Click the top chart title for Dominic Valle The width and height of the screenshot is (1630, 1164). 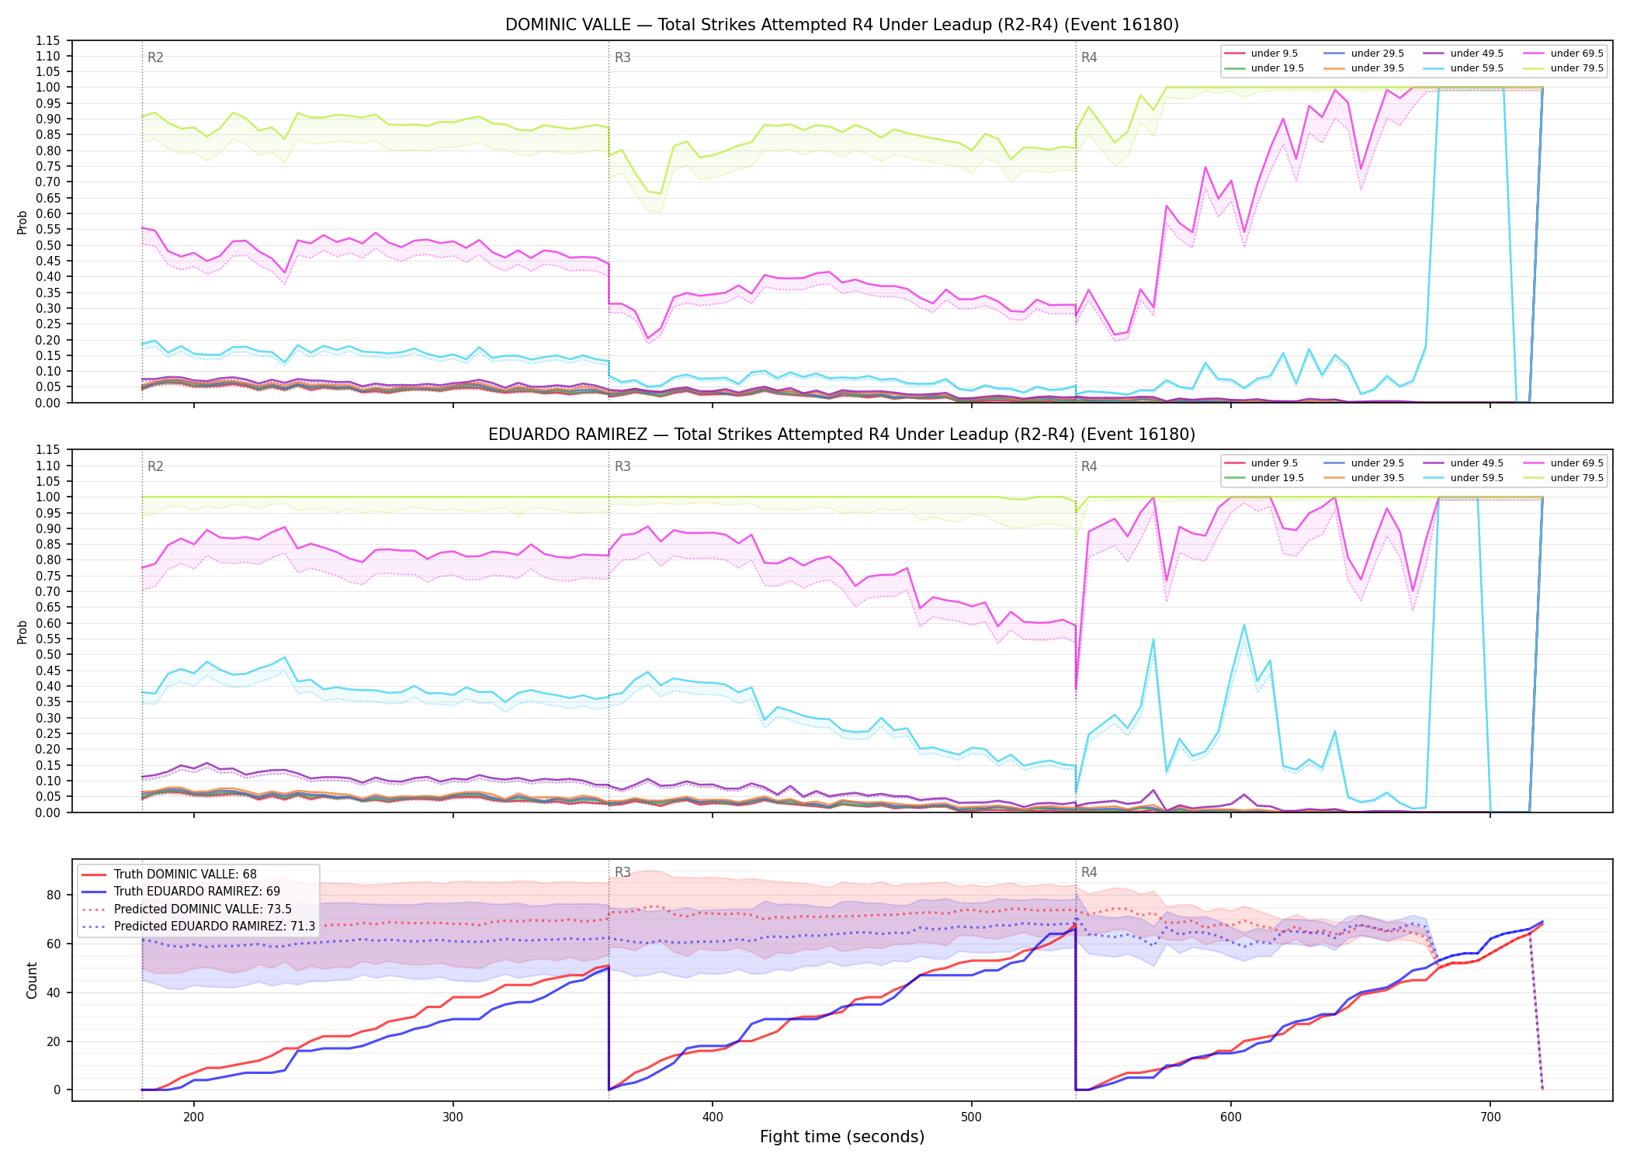(x=842, y=25)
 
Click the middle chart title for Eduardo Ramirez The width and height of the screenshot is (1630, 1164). (x=842, y=435)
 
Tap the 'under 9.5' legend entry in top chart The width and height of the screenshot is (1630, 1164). (x=1261, y=54)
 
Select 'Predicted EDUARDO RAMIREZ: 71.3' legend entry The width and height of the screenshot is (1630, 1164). (x=199, y=927)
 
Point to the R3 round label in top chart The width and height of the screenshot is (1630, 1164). (x=623, y=57)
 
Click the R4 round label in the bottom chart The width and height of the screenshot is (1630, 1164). (x=1089, y=872)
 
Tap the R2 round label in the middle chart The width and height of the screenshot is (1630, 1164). (x=155, y=466)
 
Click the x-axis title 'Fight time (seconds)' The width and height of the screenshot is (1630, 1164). (x=842, y=1137)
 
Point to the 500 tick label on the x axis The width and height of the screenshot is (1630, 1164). (x=971, y=1117)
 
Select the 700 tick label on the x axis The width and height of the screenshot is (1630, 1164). (x=1490, y=1117)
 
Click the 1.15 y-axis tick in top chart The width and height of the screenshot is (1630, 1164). (x=48, y=40)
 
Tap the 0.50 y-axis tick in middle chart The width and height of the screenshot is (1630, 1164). (x=48, y=654)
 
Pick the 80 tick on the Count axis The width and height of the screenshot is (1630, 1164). (x=53, y=895)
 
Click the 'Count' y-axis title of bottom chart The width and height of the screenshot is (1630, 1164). (x=32, y=980)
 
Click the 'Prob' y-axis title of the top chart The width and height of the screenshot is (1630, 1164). (x=23, y=222)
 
